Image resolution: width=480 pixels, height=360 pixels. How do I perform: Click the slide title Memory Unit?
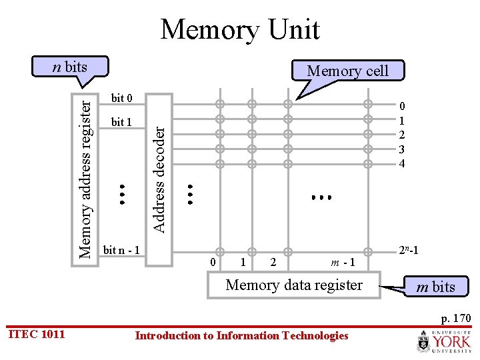pyautogui.click(x=240, y=30)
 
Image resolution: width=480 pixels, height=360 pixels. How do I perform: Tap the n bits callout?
pyautogui.click(x=71, y=67)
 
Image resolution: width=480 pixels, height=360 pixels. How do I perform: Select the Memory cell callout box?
pyautogui.click(x=347, y=71)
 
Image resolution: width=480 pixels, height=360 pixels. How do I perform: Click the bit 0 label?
pyautogui.click(x=121, y=99)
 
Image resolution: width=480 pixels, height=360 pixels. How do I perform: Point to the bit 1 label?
pyautogui.click(x=121, y=123)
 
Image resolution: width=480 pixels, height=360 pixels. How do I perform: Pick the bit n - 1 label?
pyautogui.click(x=121, y=251)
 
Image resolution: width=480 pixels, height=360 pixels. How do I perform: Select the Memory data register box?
pyautogui.click(x=294, y=285)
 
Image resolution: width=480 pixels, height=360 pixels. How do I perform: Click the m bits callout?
pyautogui.click(x=435, y=287)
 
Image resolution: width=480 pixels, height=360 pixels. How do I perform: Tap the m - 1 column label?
pyautogui.click(x=342, y=263)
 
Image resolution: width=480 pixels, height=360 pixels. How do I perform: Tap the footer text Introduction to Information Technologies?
pyautogui.click(x=241, y=335)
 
